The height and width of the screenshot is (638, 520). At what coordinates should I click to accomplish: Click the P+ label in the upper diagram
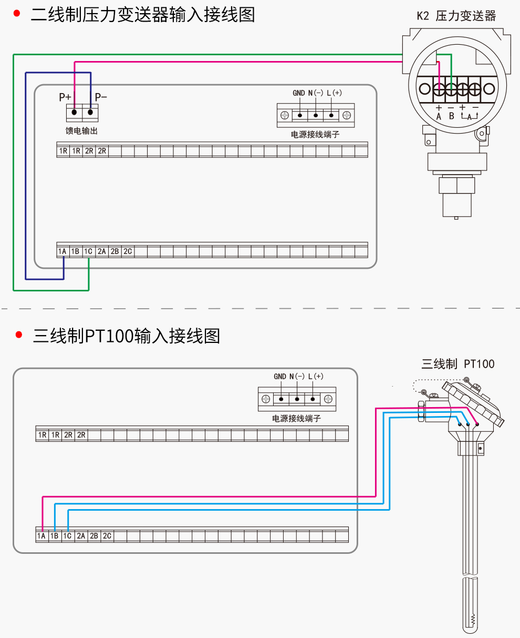tap(65, 97)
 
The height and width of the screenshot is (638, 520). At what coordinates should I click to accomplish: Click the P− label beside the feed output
tap(101, 97)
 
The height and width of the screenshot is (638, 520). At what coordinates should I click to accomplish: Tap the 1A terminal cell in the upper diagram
tap(63, 251)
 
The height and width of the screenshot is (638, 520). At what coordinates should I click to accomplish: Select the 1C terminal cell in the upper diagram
tap(88, 251)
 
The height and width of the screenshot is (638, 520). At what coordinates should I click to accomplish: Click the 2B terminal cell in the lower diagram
tap(93, 536)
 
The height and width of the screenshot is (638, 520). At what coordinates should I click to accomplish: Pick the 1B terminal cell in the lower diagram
tap(54, 536)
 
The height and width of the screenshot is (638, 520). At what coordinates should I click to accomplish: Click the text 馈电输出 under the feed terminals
tap(81, 131)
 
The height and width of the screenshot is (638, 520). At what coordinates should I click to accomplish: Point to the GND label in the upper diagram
tap(299, 93)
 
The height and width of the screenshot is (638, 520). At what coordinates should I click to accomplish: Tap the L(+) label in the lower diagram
tap(316, 377)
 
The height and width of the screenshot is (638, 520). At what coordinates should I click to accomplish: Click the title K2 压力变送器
tap(456, 16)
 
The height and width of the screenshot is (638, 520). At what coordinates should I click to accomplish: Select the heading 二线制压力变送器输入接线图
tap(143, 15)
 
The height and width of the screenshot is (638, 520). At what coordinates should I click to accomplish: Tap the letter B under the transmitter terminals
tap(451, 116)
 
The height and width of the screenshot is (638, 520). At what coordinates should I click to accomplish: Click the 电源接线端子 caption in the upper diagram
tap(315, 135)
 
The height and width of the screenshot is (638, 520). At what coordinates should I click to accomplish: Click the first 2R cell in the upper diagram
tap(89, 151)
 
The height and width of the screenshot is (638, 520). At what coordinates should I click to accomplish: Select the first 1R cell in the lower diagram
tap(42, 435)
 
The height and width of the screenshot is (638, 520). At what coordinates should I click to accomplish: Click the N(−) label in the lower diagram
tap(297, 377)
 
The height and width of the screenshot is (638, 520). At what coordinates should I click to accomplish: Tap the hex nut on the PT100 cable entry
tap(421, 411)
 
